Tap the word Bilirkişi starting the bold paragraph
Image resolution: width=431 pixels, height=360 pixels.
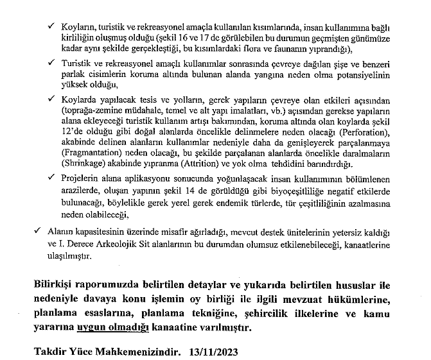pos(55,286)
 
